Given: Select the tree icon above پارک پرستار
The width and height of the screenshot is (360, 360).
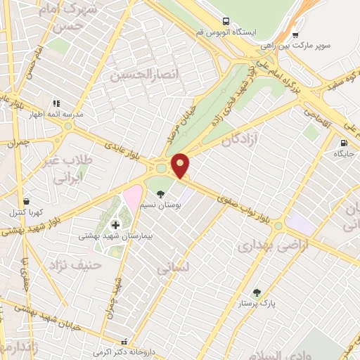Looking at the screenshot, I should pos(256,292).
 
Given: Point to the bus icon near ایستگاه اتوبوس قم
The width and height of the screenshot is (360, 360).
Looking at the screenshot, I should pos(226,22).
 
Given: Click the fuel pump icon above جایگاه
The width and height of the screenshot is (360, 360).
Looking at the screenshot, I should pos(343,143).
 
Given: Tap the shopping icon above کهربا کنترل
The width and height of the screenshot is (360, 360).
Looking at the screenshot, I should pos(26,201).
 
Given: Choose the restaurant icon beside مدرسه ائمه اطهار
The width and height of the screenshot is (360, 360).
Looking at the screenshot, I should pos(56,103).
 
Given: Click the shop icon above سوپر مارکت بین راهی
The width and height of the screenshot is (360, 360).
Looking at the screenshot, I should pos(295,34).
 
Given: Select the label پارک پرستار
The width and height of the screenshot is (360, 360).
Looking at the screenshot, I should pos(256,303).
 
